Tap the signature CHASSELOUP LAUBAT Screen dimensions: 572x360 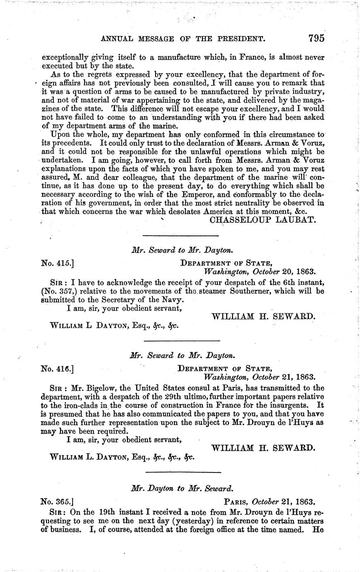coord(263,220)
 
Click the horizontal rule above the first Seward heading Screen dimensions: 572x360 coord(181,235)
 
